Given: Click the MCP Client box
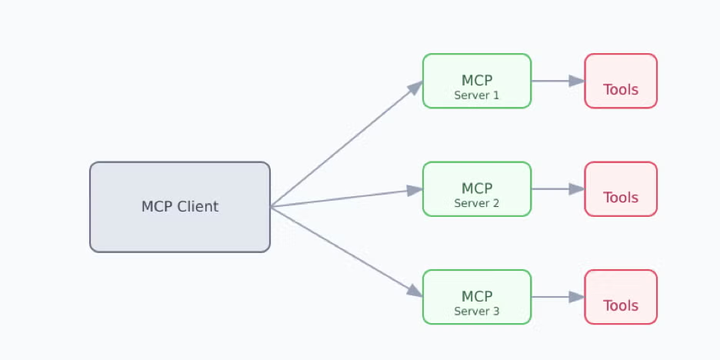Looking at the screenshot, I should [180, 207].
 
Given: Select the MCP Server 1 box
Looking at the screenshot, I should [476, 81].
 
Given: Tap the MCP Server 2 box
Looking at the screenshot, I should [476, 188].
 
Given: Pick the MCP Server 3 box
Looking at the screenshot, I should [476, 296].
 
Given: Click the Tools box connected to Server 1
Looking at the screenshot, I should [621, 81].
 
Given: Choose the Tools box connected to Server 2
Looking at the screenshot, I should [621, 188].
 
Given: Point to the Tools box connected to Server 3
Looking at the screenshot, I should [621, 296].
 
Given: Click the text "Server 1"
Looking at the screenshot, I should [476, 95].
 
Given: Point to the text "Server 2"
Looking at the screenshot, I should [476, 203].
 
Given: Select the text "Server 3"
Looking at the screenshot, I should [476, 312].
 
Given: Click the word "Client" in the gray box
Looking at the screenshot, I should [198, 207].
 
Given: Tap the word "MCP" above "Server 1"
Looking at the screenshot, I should [476, 81].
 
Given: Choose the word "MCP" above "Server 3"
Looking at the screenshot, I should [476, 296].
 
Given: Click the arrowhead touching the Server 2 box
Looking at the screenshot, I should [415, 189].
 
